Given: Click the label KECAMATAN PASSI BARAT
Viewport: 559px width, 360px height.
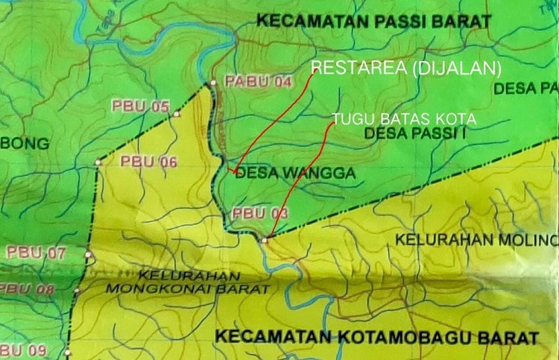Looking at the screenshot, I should point(373,21).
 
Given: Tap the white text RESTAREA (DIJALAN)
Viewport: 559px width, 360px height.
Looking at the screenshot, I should point(405,69).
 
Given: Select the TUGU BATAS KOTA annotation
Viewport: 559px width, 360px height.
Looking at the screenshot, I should point(403,119).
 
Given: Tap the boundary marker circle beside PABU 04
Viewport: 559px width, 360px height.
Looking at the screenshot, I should point(213,83).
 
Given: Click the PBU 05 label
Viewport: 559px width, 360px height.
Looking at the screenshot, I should point(141,106).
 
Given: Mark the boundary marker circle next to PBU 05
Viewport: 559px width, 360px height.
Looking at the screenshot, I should point(177,115).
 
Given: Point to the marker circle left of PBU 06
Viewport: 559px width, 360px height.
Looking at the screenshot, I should point(98,162).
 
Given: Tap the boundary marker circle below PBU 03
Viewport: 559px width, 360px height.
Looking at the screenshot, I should point(264,239).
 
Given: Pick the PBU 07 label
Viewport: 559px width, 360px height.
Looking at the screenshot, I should point(37,253).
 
